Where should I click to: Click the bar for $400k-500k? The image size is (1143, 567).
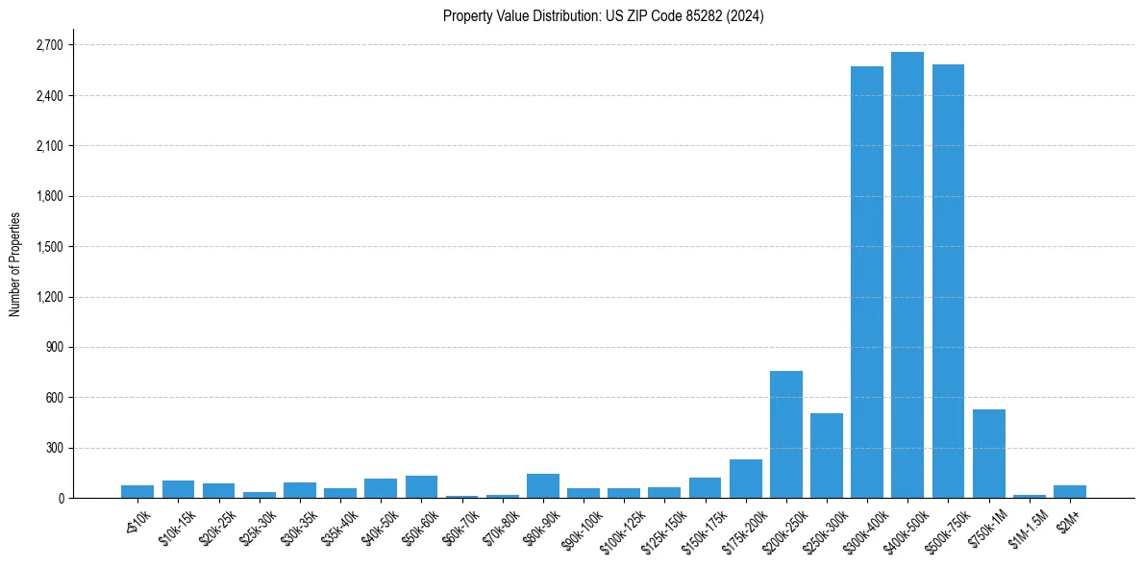tap(907, 275)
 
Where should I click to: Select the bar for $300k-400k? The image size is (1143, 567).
tap(866, 283)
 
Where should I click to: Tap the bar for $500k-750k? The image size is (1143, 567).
tap(948, 282)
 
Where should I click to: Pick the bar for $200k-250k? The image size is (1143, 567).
tap(785, 434)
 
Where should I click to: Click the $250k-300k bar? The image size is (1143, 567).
tap(826, 456)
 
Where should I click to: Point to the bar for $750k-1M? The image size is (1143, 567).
tap(988, 454)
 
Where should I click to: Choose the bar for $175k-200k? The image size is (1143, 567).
tap(745, 479)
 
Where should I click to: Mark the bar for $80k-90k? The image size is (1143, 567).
tap(542, 486)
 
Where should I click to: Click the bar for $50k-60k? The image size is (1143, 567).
tap(421, 487)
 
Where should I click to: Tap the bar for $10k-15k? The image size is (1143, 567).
tap(178, 489)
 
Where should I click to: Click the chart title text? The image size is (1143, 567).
tap(603, 16)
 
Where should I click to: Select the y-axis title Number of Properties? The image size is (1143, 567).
tap(15, 264)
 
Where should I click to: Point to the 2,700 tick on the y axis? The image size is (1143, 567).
tap(48, 45)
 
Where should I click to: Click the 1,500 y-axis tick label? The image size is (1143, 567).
tap(48, 247)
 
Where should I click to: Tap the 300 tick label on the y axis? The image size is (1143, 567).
tap(54, 448)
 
